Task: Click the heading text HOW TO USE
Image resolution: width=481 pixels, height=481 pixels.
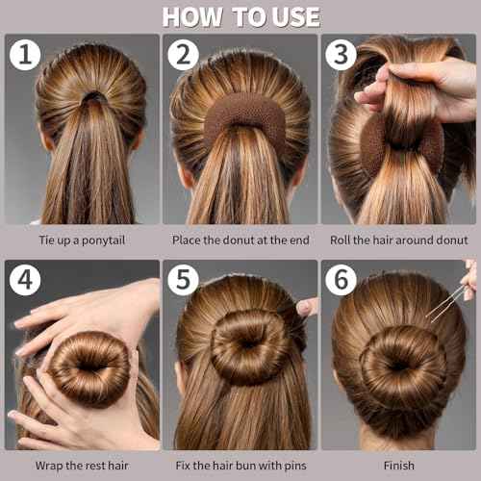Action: pyautogui.click(x=240, y=16)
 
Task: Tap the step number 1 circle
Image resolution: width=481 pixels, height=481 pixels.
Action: pyautogui.click(x=25, y=55)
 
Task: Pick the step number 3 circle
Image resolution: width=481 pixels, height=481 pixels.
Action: pyautogui.click(x=341, y=55)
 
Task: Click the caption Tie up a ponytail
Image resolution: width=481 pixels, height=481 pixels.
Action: pyautogui.click(x=82, y=240)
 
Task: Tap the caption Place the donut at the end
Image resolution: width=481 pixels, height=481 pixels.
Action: pyautogui.click(x=240, y=240)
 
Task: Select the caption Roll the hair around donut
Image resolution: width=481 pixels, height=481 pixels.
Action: pyautogui.click(x=398, y=240)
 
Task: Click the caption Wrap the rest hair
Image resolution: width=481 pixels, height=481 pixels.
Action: pyautogui.click(x=82, y=465)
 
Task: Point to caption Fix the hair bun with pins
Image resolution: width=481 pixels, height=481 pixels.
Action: pyautogui.click(x=240, y=465)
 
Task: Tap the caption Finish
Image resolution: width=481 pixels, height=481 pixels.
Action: pyautogui.click(x=398, y=465)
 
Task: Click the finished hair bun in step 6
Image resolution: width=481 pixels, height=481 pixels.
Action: pyautogui.click(x=402, y=364)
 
